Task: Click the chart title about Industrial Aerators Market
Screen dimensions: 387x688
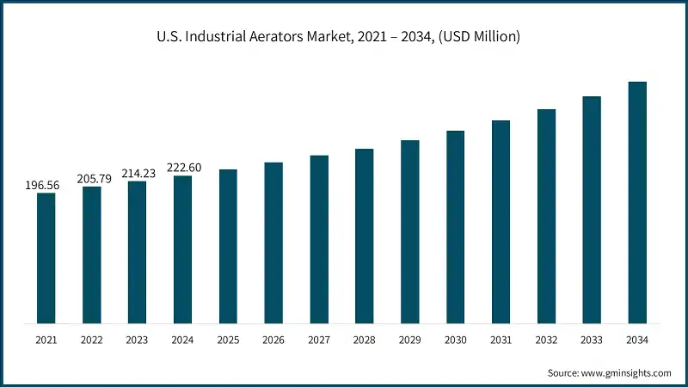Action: point(344,37)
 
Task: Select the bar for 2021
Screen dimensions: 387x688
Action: point(46,258)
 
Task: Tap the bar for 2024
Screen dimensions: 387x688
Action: point(182,249)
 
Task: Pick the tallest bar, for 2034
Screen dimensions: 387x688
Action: point(636,203)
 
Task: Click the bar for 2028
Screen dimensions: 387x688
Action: point(364,236)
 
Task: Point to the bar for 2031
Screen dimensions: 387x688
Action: point(501,222)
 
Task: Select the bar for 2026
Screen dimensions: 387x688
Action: point(273,243)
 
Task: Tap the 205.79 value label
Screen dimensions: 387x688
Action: point(91,178)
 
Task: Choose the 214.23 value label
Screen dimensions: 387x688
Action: point(137,173)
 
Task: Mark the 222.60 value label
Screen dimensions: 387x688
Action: point(182,168)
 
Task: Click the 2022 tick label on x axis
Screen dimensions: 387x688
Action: point(91,340)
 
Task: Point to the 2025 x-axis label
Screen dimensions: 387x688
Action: point(228,340)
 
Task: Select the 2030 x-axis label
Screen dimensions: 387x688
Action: point(455,340)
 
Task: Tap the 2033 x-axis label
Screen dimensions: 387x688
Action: point(592,340)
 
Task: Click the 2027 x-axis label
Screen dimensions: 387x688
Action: point(319,340)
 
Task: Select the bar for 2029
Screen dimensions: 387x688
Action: point(409,232)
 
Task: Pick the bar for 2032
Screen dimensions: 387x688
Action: point(546,217)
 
